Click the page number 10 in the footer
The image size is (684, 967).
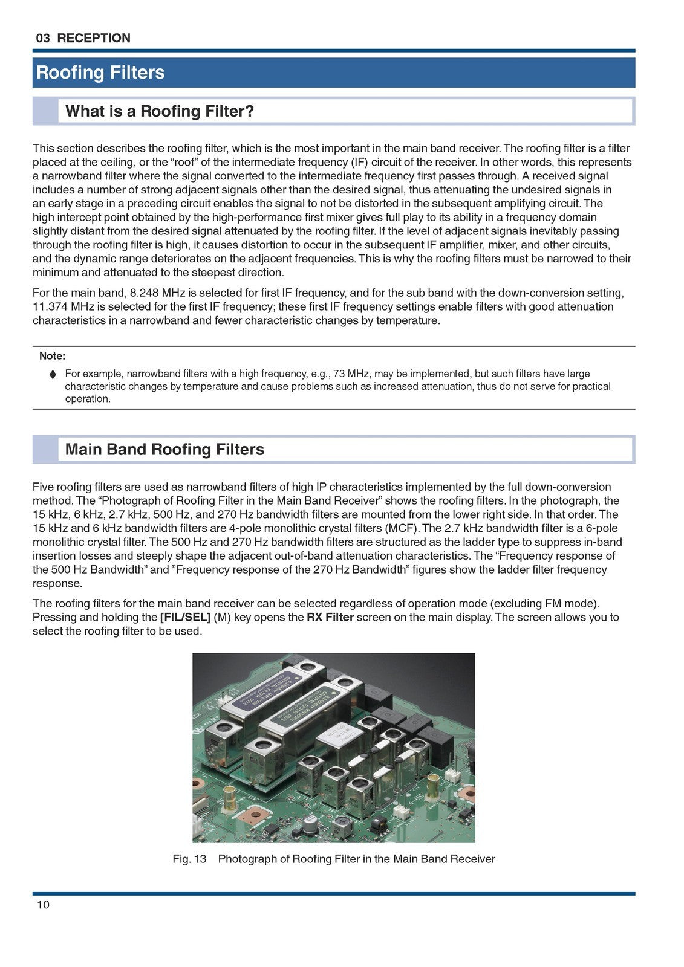point(43,905)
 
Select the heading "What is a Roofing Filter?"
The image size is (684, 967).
point(160,111)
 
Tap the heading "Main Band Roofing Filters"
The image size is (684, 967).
point(164,450)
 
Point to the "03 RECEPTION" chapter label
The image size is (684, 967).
point(83,38)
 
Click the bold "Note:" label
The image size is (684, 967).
point(52,356)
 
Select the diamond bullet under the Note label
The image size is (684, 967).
point(53,374)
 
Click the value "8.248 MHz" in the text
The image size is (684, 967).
point(153,293)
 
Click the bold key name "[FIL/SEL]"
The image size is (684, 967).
point(185,618)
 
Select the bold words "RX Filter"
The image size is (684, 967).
point(330,618)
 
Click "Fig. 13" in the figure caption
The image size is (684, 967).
point(189,859)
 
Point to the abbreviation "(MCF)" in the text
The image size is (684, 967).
point(403,528)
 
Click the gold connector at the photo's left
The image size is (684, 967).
point(230,799)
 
